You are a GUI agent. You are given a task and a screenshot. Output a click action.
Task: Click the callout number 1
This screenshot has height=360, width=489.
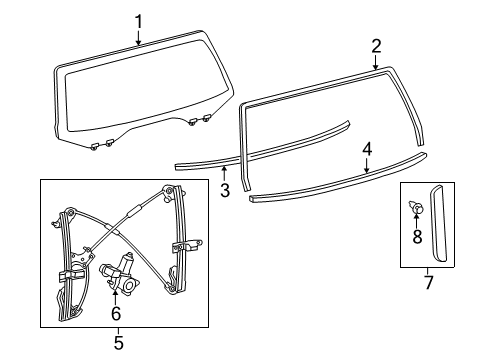click(139, 19)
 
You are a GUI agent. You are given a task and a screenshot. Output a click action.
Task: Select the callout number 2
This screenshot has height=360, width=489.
click(376, 45)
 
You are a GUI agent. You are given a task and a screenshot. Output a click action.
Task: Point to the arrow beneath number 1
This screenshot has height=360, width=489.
click(139, 38)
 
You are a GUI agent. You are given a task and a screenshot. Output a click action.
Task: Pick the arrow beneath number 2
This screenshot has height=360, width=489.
click(376, 63)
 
